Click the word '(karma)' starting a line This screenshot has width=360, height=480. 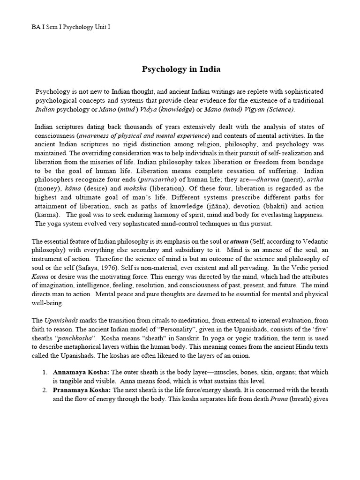[x=47, y=214]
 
